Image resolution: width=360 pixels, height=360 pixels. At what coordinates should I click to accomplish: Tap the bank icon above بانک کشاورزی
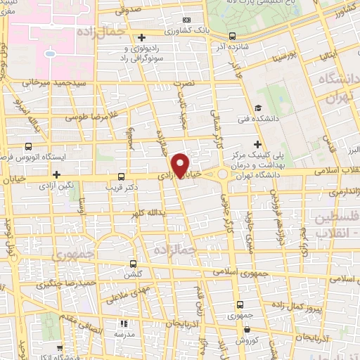(x=186, y=21)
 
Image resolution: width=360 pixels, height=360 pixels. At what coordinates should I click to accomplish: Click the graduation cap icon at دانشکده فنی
(x=259, y=108)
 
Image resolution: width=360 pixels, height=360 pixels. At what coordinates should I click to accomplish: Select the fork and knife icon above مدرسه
(x=124, y=324)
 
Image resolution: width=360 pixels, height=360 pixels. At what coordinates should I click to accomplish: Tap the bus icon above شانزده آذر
(x=233, y=35)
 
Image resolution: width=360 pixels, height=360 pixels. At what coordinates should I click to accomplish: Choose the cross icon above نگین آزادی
(x=56, y=174)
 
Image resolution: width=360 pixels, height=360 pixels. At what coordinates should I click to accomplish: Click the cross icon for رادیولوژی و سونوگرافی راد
(x=142, y=37)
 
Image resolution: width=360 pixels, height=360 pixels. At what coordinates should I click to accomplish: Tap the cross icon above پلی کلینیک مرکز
(x=258, y=143)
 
